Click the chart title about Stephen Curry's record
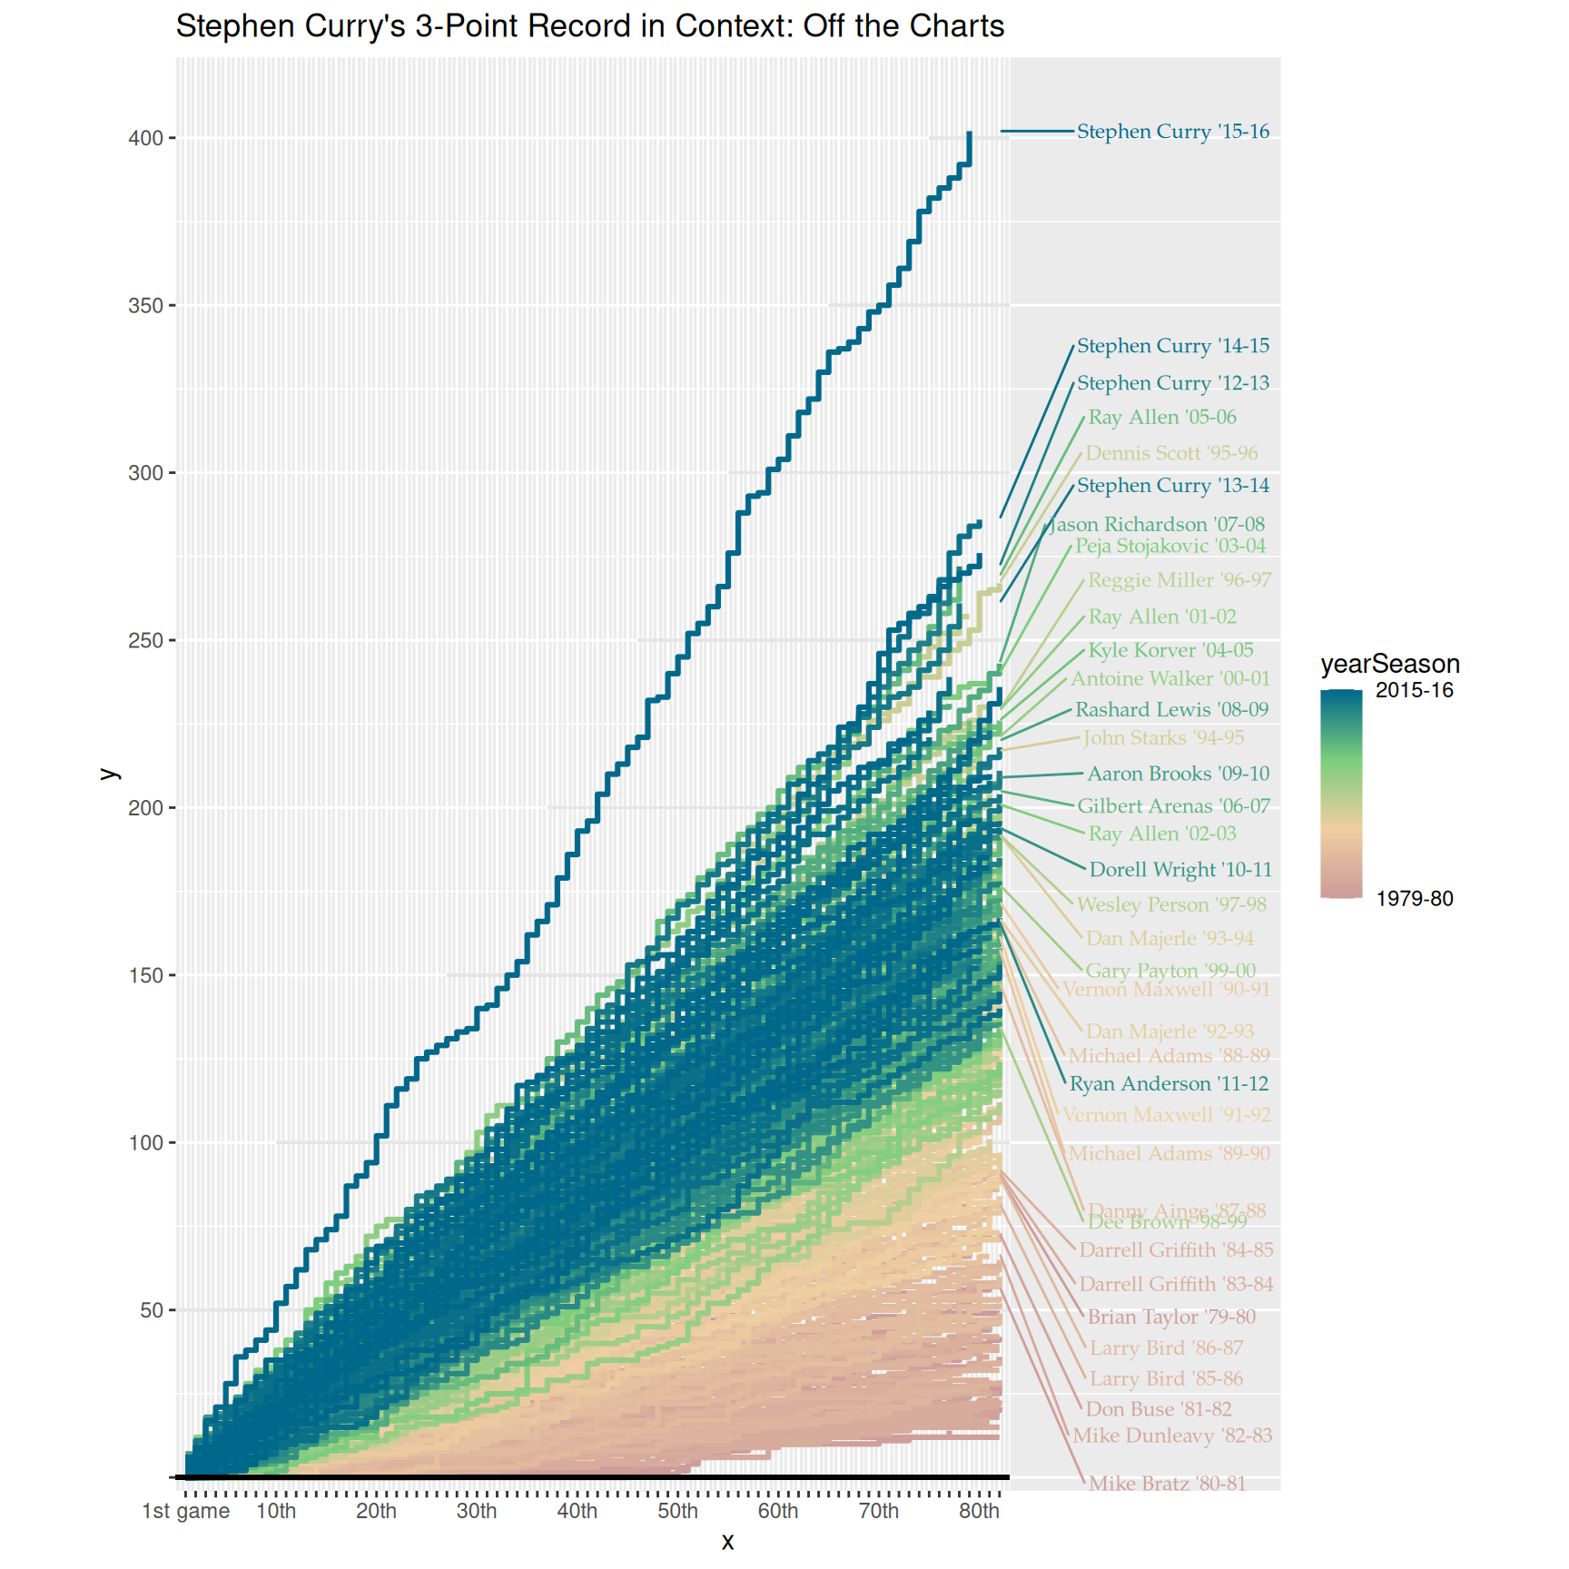589,26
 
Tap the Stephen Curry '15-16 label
1172,132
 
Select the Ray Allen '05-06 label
1161,418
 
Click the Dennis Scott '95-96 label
1170,453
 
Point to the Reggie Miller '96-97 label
1179,580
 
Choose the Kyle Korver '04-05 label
1169,650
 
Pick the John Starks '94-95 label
1162,738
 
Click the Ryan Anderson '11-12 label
1168,1084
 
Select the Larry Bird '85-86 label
1165,1379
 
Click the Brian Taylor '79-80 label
1170,1317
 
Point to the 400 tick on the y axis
145,139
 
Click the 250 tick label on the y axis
145,641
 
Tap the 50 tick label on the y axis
151,1311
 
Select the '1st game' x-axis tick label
186,1512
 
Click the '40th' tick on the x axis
577,1512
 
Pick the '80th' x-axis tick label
979,1512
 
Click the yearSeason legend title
1389,664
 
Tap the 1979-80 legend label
1414,899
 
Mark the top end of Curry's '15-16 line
970,133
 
